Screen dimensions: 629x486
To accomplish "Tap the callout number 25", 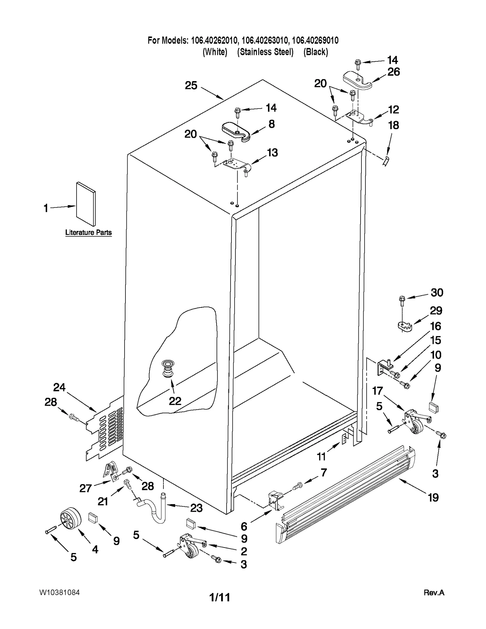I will click(x=191, y=85).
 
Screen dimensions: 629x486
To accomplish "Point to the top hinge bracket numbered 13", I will click(x=237, y=166).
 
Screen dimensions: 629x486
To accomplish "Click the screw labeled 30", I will click(x=402, y=299).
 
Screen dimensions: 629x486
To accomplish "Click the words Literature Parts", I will click(x=88, y=232).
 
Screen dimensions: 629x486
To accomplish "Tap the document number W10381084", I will click(x=59, y=593).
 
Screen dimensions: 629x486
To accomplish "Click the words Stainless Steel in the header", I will click(x=265, y=52).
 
